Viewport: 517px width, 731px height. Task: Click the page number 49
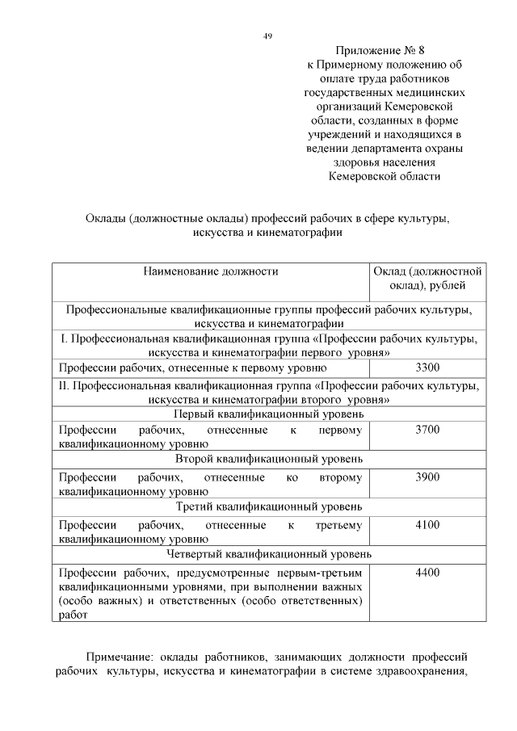click(x=267, y=36)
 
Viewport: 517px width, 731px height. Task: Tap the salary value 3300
click(x=427, y=368)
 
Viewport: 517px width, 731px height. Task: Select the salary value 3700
click(x=427, y=430)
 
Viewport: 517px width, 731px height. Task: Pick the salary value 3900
click(x=427, y=477)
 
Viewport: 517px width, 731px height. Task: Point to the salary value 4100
click(x=427, y=525)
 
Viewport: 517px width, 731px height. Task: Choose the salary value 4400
click(x=427, y=573)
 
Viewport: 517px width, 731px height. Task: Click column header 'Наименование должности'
click(x=211, y=272)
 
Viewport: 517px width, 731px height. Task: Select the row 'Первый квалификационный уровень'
click(x=269, y=414)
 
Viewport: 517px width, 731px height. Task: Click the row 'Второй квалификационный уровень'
click(x=269, y=460)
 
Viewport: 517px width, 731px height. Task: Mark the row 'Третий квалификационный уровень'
click(x=269, y=507)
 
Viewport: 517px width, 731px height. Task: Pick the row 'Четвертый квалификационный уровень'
click(x=269, y=555)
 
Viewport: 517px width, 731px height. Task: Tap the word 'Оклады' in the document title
click(x=107, y=219)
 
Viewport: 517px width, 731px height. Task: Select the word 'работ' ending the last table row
click(x=72, y=615)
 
